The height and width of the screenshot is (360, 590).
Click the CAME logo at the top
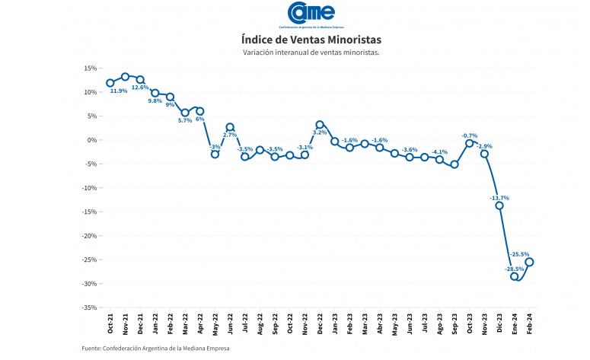point(311,13)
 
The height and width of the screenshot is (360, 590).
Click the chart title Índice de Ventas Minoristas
point(311,38)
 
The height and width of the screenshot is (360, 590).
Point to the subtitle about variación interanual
point(311,53)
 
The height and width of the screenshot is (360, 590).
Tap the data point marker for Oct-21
point(110,82)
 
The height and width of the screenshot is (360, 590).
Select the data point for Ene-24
point(515,276)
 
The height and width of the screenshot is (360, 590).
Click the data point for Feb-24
point(529,262)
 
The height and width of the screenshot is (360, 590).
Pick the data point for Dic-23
point(499,205)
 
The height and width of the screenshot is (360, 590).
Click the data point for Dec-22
point(320,124)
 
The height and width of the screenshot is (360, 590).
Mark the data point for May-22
point(215,155)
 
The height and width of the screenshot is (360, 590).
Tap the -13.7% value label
point(499,198)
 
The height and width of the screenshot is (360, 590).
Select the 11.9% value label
point(119,91)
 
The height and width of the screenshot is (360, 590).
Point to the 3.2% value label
point(320,132)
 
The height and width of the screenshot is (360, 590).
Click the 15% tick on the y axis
point(90,68)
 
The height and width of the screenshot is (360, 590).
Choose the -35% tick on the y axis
point(88,307)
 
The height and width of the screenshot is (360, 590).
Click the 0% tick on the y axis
point(91,140)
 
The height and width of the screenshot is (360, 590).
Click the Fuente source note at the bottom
point(155,349)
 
